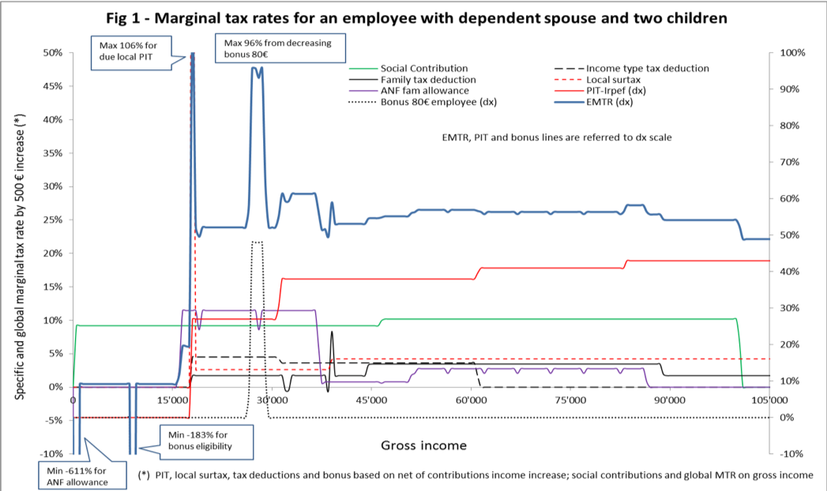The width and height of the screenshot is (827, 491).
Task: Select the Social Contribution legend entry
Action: click(423, 69)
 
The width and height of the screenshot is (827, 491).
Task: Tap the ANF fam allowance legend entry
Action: click(421, 91)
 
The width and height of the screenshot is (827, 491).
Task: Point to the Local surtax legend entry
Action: click(613, 80)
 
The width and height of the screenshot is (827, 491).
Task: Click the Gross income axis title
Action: click(423, 445)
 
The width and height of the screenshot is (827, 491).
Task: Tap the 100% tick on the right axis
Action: click(792, 53)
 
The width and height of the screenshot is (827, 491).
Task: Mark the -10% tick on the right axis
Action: click(792, 454)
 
